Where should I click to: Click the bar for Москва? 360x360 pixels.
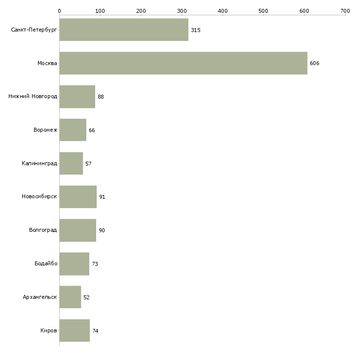click(183, 63)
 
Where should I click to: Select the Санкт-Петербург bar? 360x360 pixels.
click(124, 30)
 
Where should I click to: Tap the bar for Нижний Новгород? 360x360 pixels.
click(77, 97)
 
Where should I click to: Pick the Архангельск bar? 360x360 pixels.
click(70, 297)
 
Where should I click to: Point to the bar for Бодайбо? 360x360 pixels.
click(74, 264)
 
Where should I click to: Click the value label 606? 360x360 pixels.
click(315, 64)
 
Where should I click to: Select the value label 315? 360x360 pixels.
click(196, 30)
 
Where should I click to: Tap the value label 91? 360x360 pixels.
click(102, 197)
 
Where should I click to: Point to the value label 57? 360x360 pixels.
click(88, 163)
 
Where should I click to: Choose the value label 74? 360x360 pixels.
click(95, 331)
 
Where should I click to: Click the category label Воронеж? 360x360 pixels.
click(45, 130)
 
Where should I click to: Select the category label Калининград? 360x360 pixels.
click(39, 163)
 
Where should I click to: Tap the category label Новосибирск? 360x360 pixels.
click(39, 197)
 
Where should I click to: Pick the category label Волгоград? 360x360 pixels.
click(43, 230)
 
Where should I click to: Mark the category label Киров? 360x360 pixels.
click(49, 331)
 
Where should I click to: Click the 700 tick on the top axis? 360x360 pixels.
click(345, 10)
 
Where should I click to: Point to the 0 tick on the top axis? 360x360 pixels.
click(59, 10)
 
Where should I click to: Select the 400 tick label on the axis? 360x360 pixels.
click(223, 10)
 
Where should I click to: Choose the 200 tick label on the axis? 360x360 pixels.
click(141, 10)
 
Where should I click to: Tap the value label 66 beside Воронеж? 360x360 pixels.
click(92, 130)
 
